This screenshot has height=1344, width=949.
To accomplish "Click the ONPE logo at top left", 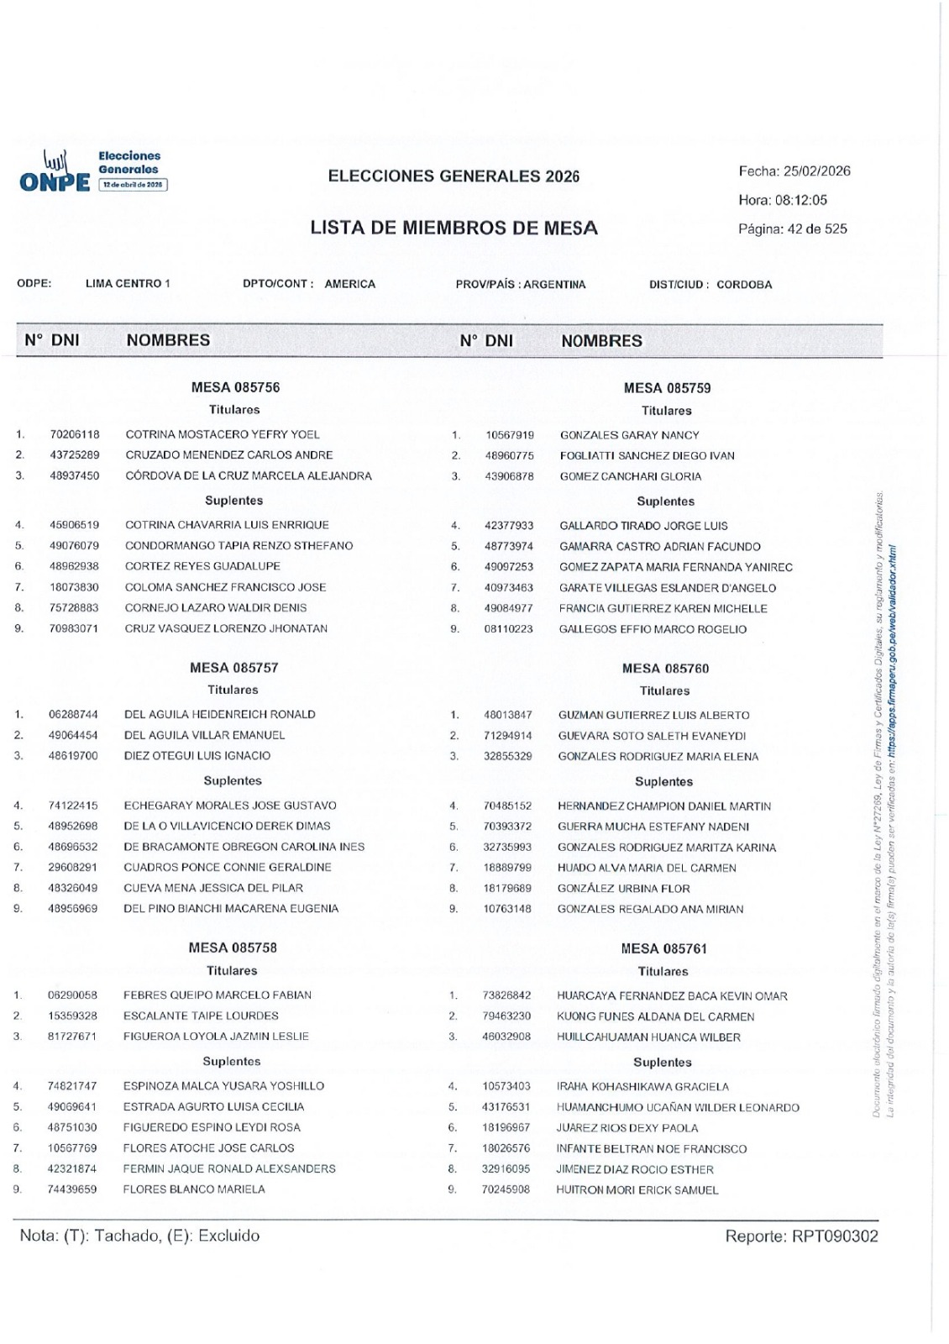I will click(x=55, y=171).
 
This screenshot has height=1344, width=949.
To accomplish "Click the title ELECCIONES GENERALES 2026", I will click(x=454, y=176).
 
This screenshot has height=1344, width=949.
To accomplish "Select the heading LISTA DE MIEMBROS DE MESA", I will click(x=454, y=228).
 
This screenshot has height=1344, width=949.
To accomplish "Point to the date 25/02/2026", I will click(x=816, y=171).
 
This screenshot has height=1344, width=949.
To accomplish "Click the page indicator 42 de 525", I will click(x=816, y=228).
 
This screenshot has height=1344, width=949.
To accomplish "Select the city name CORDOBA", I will click(x=744, y=285).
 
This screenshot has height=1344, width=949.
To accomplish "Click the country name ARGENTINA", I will click(x=554, y=285).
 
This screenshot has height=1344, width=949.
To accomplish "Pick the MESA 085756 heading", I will click(x=235, y=387).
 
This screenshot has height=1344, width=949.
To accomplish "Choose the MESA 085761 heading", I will click(x=663, y=948).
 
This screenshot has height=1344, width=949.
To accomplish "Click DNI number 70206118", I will click(x=75, y=434).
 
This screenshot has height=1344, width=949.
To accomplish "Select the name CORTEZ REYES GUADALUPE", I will click(x=202, y=566).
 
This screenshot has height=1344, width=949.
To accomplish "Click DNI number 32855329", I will click(x=507, y=756).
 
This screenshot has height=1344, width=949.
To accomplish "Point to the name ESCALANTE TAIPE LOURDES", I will click(x=201, y=1016).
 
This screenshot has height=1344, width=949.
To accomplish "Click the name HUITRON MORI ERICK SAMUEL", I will click(x=637, y=1190).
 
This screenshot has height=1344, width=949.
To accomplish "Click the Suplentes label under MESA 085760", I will click(x=663, y=782).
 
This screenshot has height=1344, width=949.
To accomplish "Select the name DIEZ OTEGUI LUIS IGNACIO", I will click(x=197, y=755).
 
